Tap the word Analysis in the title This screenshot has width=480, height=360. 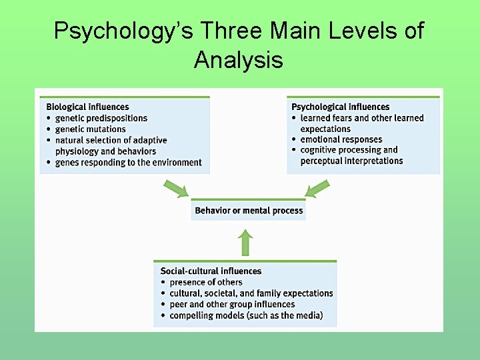tap(239, 60)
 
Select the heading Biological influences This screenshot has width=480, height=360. tap(87, 107)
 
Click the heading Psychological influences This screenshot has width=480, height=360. tap(340, 107)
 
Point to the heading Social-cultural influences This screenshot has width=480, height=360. tap(211, 271)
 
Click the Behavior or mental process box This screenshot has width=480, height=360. tap(249, 211)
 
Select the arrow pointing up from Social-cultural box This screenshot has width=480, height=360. tap(245, 243)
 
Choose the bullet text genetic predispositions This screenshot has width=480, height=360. tap(101, 118)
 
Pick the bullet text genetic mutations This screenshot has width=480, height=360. tap(90, 129)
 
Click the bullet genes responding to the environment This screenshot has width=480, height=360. tap(128, 162)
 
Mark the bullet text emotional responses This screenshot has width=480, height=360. tap(341, 139)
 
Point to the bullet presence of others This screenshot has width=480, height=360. tap(206, 282)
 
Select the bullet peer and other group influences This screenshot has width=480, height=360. tap(232, 304)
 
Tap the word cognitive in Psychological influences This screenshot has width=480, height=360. tap(321, 150)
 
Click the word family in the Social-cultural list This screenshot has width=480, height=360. tap(273, 293)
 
